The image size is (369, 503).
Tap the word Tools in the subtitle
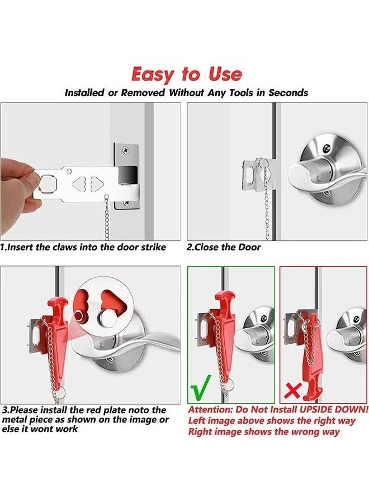click(x=237, y=93)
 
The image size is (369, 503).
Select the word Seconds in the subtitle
click(x=288, y=93)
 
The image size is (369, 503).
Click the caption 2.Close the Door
click(x=224, y=247)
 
